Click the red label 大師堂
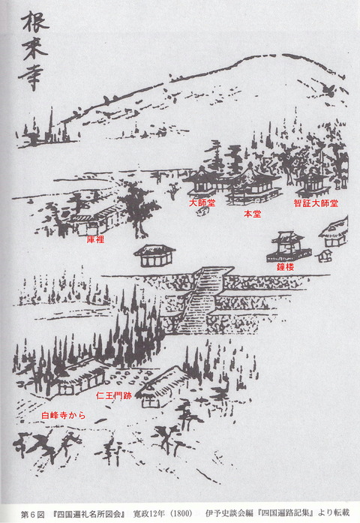(x=202, y=202)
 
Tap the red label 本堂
(x=253, y=213)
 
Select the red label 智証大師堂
(x=316, y=203)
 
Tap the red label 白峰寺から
(x=63, y=414)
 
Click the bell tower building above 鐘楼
(x=290, y=244)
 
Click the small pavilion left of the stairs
(x=154, y=255)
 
